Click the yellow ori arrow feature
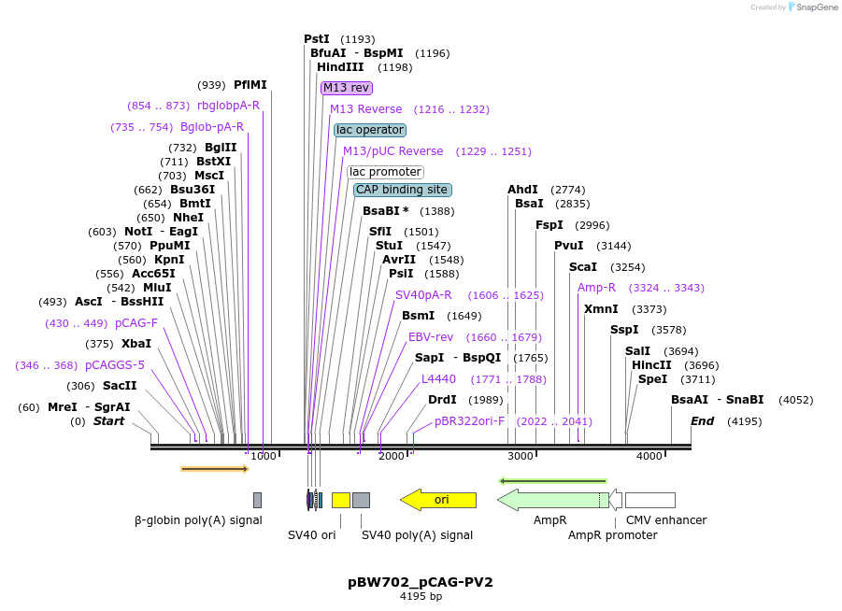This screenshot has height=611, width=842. click(x=439, y=500)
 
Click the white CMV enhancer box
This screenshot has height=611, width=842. click(x=649, y=500)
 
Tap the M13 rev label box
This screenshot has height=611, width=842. click(x=347, y=88)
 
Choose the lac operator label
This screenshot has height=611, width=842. click(x=370, y=130)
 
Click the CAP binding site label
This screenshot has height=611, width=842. click(x=402, y=190)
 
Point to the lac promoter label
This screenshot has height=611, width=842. click(x=385, y=172)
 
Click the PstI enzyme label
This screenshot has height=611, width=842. click(x=317, y=39)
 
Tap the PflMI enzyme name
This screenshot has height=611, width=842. click(x=250, y=85)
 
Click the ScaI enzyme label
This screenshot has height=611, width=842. click(x=583, y=267)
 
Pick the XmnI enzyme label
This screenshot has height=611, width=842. click(x=601, y=309)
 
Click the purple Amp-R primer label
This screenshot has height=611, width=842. click(x=596, y=288)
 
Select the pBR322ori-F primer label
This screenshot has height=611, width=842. click(x=469, y=421)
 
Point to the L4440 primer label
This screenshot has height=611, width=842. click(x=438, y=379)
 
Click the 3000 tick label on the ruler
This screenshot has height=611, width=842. click(x=520, y=456)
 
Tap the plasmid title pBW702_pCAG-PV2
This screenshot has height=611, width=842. click(x=421, y=582)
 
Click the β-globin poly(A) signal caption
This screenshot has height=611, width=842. click(x=198, y=520)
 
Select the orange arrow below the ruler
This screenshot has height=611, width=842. click(x=214, y=468)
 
